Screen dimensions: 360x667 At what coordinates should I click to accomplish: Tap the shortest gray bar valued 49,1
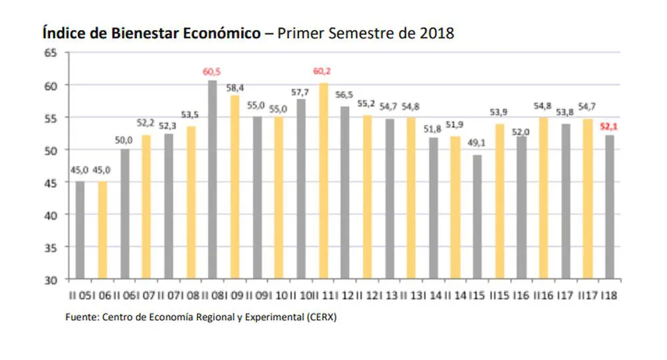[478, 217]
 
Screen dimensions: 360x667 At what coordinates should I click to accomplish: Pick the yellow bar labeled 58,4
[235, 187]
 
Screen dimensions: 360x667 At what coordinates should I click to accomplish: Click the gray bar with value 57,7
[301, 189]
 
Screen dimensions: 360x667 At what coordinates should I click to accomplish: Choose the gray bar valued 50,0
[125, 213]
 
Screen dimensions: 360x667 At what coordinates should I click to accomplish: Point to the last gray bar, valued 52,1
[610, 207]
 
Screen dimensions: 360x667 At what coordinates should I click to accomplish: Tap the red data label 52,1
[610, 126]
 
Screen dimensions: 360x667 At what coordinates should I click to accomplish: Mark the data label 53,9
[500, 111]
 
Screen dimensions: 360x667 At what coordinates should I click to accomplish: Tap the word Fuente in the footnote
[81, 318]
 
